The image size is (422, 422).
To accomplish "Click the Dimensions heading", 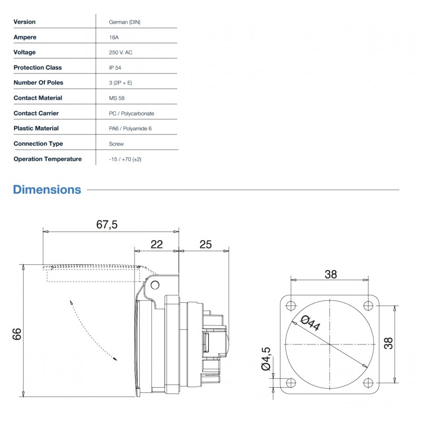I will pyautogui.click(x=47, y=189).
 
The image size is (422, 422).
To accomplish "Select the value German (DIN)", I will pyautogui.click(x=124, y=22).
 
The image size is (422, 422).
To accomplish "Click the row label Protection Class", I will pyautogui.click(x=37, y=68).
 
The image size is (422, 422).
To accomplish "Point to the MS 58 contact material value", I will pyautogui.click(x=117, y=98).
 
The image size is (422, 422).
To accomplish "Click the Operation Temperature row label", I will pyautogui.click(x=47, y=159).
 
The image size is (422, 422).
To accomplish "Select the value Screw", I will pyautogui.click(x=116, y=143).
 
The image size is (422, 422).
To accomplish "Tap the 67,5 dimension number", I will pyautogui.click(x=107, y=225).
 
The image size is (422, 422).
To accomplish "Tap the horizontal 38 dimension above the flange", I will pyautogui.click(x=330, y=274).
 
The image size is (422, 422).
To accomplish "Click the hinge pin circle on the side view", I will pyautogui.click(x=155, y=285).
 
